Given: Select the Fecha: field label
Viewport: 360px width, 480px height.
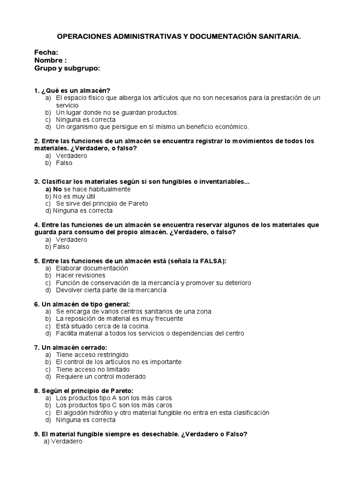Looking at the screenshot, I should click(x=46, y=52).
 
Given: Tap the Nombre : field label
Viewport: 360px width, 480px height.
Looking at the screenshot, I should click(x=50, y=60).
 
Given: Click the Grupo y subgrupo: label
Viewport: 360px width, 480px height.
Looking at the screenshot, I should click(x=67, y=68).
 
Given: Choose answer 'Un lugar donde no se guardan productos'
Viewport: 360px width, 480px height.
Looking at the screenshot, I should click(x=117, y=112).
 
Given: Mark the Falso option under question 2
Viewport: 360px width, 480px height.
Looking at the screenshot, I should click(x=64, y=163).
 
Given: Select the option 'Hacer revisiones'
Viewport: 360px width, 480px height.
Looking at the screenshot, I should click(x=80, y=276).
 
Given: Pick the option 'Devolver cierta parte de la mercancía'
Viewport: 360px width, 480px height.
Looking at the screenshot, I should click(x=111, y=290).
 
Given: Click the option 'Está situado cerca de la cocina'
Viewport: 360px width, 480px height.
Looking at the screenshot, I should click(x=103, y=326).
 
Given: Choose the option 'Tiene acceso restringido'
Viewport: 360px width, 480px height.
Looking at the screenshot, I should click(x=92, y=355).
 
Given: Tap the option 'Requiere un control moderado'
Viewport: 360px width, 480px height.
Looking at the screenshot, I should click(x=100, y=376).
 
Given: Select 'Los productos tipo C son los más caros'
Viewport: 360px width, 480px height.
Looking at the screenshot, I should click(x=113, y=405).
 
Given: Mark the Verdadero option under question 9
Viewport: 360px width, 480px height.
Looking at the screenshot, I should click(x=66, y=442).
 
